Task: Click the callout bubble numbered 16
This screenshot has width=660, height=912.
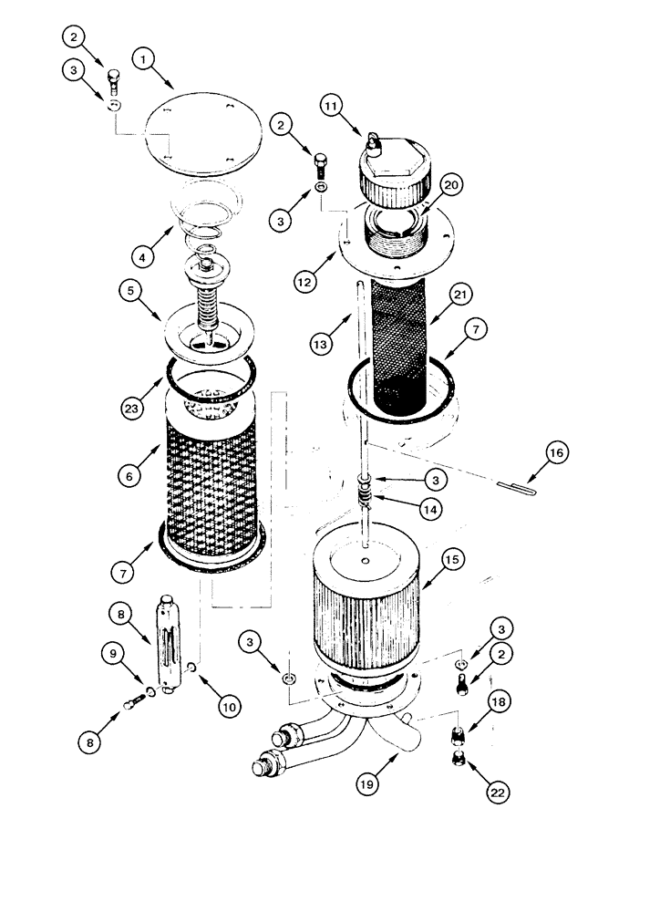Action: [558, 452]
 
